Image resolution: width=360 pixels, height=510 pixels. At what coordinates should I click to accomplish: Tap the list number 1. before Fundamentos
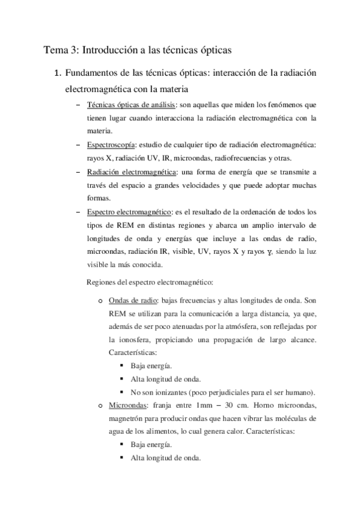tap(58, 74)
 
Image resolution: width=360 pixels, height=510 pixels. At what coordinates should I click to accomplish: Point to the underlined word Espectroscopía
tap(111, 145)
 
